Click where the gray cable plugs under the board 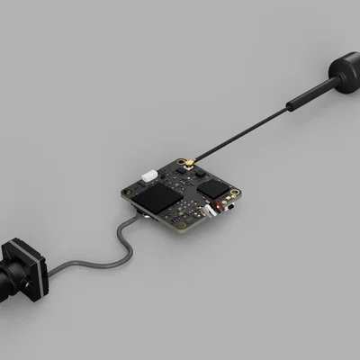click(135, 217)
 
